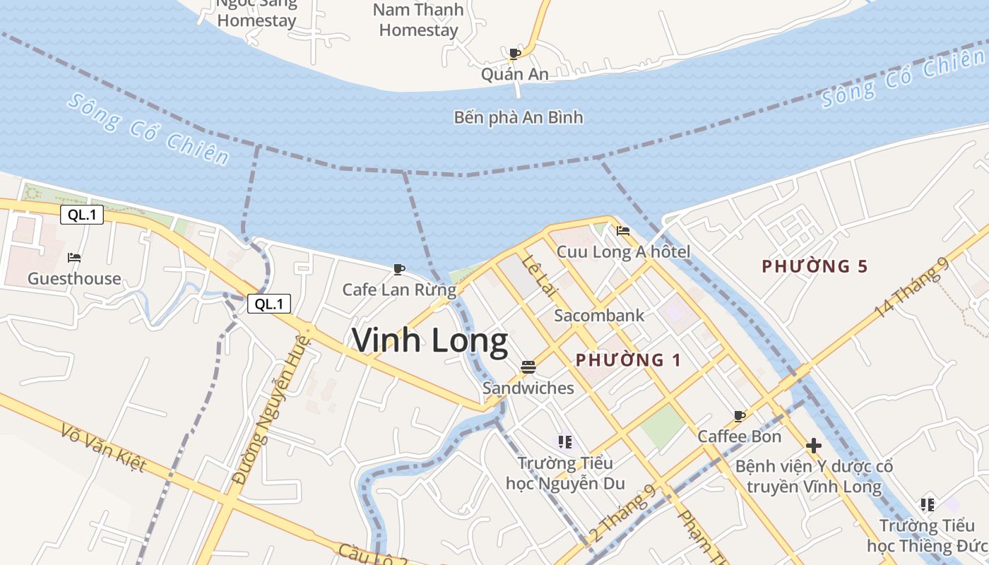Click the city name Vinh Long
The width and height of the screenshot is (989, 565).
430,341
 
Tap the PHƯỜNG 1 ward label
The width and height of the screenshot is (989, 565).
628,360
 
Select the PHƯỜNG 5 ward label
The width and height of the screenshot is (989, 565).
814,266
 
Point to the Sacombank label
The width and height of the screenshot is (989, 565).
599,316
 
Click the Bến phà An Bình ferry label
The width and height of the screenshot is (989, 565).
519,117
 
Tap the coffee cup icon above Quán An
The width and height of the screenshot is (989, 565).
514,54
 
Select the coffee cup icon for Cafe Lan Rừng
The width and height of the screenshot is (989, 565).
398,269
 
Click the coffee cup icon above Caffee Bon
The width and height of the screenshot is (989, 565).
739,416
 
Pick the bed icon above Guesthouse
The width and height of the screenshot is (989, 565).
74,258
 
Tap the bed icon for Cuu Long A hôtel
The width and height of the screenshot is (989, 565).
622,231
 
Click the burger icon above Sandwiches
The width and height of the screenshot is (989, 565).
528,367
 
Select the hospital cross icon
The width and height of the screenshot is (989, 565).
814,446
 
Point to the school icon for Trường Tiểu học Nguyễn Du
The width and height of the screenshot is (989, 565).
564,443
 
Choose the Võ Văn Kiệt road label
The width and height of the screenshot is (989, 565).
103,448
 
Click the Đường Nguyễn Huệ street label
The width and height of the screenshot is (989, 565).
271,410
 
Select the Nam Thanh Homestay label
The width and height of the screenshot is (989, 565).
418,20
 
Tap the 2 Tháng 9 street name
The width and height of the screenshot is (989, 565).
622,513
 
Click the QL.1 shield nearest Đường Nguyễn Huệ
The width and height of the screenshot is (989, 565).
269,304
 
